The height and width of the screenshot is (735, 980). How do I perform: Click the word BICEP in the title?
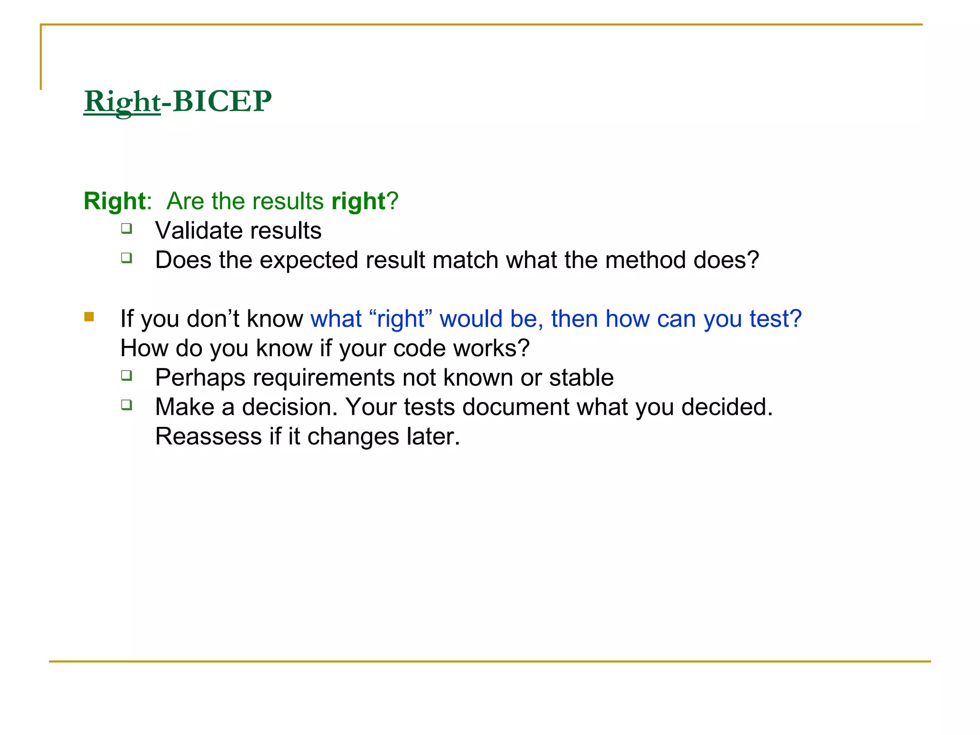pos(222,101)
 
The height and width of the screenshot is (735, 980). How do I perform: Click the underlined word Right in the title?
pos(122,102)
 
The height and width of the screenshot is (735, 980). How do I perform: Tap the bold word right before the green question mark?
pos(358,201)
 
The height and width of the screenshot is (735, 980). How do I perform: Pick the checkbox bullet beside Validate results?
pos(126,228)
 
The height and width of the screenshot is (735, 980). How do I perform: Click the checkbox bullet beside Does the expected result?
pos(126,258)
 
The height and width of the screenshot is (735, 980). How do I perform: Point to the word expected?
pos(309,261)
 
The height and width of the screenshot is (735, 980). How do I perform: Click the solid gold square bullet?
pos(89,316)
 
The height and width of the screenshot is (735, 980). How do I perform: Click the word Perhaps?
pos(200,378)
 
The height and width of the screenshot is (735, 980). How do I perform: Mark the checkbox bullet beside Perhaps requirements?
pos(126,375)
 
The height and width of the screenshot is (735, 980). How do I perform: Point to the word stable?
pos(581,378)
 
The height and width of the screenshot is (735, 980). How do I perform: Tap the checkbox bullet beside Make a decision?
pos(126,405)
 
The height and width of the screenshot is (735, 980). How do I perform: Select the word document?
pos(515,407)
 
